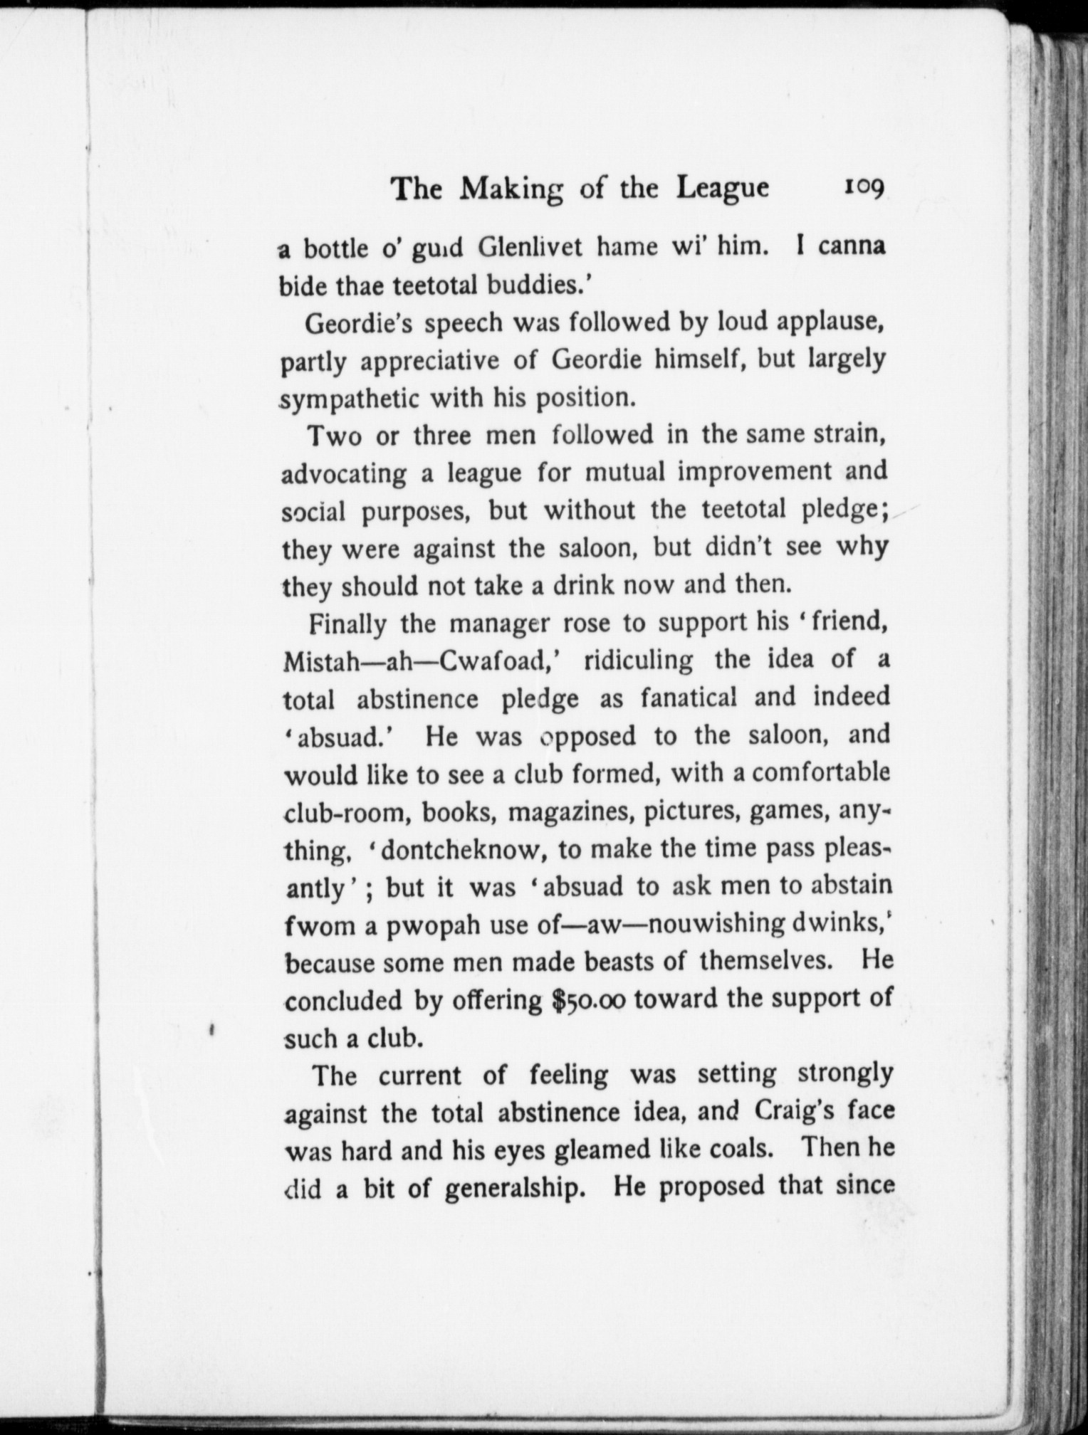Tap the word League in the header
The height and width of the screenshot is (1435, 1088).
(723, 189)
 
